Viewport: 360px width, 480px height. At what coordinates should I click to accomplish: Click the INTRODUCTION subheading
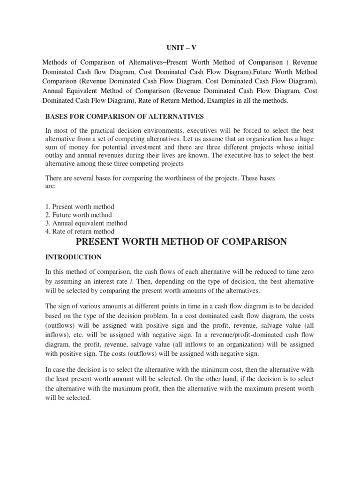click(x=73, y=257)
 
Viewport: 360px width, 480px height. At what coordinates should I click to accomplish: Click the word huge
click(x=307, y=138)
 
